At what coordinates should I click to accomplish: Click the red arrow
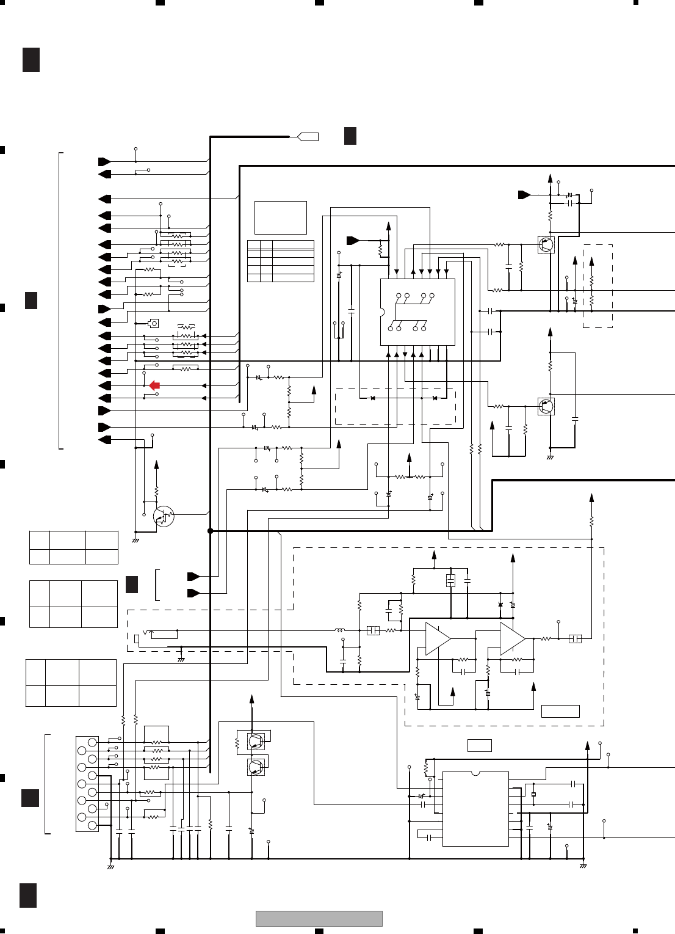154,385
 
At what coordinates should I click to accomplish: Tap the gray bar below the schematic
319,918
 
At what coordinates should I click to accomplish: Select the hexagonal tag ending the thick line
308,136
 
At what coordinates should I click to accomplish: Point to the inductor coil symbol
339,630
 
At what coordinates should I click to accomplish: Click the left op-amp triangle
437,639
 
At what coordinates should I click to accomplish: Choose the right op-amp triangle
511,639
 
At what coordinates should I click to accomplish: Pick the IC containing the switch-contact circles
417,312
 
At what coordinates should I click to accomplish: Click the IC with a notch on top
475,809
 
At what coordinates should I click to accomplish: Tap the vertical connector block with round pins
87,784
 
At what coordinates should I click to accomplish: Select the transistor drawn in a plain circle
163,517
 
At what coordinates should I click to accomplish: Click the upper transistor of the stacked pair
256,742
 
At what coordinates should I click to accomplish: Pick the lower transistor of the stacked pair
256,767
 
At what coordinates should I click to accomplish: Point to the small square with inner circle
154,323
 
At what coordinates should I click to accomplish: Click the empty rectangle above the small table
280,217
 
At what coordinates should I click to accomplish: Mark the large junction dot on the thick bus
211,531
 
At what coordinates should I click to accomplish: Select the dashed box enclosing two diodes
395,406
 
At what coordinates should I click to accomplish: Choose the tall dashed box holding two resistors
597,286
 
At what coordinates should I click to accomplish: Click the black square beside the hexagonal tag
350,136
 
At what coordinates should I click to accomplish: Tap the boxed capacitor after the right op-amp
575,639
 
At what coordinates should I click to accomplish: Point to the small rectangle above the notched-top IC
480,745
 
